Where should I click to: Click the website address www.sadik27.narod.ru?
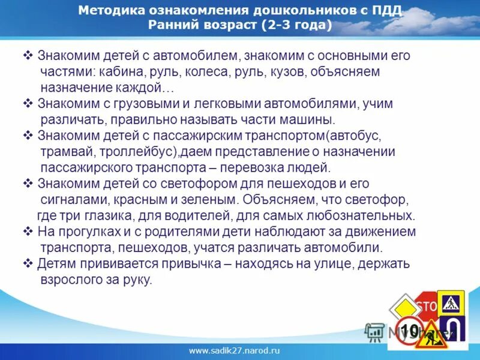(235, 350)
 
